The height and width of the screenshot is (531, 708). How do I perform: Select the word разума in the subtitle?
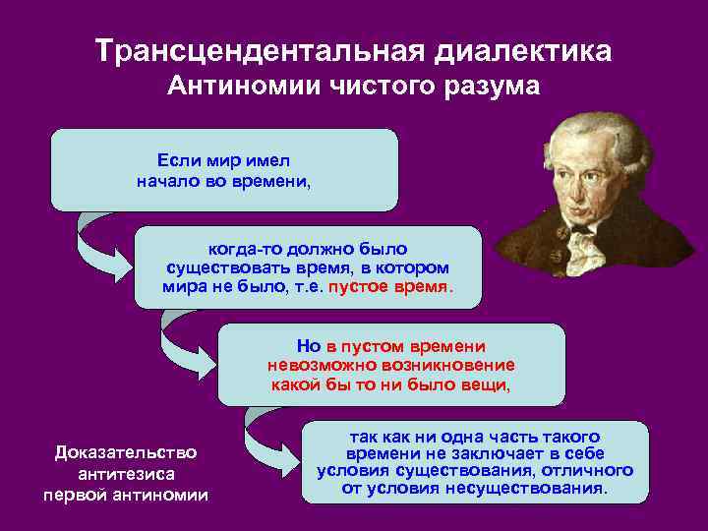(492, 88)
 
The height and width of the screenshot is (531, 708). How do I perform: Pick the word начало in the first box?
(169, 180)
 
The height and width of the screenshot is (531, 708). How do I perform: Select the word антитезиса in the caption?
(126, 474)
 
